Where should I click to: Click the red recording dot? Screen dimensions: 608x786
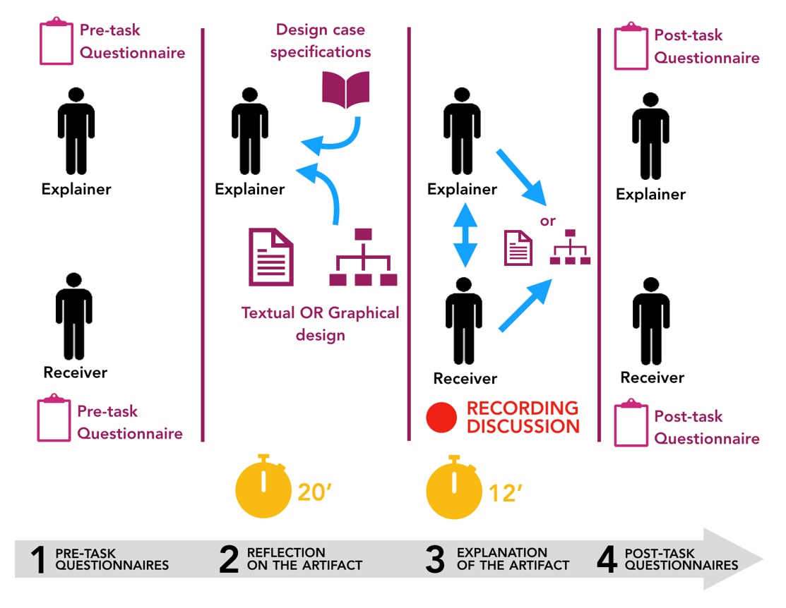442,418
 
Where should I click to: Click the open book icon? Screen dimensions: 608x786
345,90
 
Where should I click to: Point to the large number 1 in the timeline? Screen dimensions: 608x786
38,559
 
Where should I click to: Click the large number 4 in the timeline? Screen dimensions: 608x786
607,559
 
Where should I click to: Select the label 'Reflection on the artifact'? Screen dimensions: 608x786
304,559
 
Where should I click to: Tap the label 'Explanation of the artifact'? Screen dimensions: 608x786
513,559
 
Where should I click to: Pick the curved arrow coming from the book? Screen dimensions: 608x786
335,138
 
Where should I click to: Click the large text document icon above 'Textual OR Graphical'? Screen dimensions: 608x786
270,257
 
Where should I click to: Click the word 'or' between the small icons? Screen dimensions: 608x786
548,221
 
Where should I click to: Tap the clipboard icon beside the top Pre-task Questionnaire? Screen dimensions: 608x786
56,42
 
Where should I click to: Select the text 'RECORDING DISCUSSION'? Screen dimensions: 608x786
523,417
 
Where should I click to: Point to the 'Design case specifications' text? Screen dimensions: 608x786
321,41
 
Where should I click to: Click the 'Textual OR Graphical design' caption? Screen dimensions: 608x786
320,323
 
